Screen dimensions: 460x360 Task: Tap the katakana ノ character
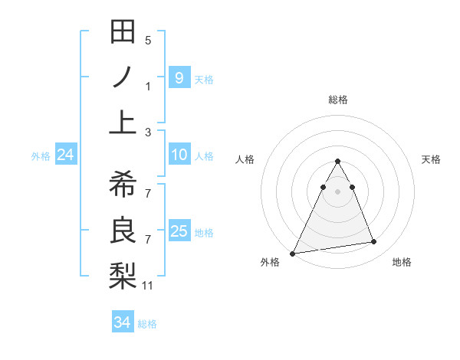coord(123,77)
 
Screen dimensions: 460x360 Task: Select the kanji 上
coord(123,123)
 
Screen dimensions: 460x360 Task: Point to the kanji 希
coord(123,185)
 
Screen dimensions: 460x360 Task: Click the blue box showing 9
coord(179,77)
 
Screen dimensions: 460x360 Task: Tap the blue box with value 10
coord(179,155)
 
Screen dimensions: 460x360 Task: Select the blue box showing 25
coord(179,231)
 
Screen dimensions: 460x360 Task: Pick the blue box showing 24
coord(65,155)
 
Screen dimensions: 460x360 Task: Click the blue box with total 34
coord(122,322)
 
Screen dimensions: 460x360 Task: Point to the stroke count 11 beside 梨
coord(148,286)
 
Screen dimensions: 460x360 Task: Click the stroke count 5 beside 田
coord(148,40)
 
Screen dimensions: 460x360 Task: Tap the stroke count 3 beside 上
coord(148,133)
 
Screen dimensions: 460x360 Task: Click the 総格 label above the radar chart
coord(338,100)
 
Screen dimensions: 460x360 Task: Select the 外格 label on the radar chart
coord(270,262)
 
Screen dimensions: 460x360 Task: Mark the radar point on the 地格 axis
coord(374,242)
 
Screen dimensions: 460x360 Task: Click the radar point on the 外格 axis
coord(293,253)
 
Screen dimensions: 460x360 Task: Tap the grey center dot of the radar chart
coord(338,191)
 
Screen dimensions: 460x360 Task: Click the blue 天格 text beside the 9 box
coord(204,79)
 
